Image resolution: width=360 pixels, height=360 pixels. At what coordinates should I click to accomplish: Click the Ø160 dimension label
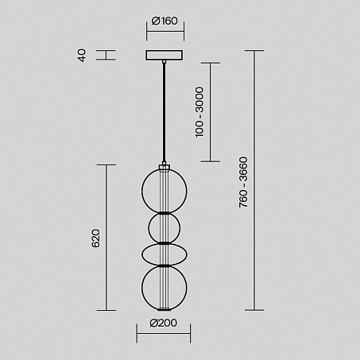coord(165,21)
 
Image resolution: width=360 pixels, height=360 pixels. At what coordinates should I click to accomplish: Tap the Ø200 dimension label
coord(164,323)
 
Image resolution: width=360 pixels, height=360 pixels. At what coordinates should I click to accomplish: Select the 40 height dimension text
coord(82,56)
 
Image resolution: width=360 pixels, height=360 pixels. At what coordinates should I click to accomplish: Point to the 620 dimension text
coord(95,238)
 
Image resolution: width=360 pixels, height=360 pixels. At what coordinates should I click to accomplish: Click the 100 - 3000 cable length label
coord(199,112)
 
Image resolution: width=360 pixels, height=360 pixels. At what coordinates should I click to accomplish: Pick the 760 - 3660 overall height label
coord(243,182)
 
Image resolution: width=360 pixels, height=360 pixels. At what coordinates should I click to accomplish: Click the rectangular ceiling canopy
coord(165,55)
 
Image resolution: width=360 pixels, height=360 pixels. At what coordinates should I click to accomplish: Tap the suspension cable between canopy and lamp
coord(164,112)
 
